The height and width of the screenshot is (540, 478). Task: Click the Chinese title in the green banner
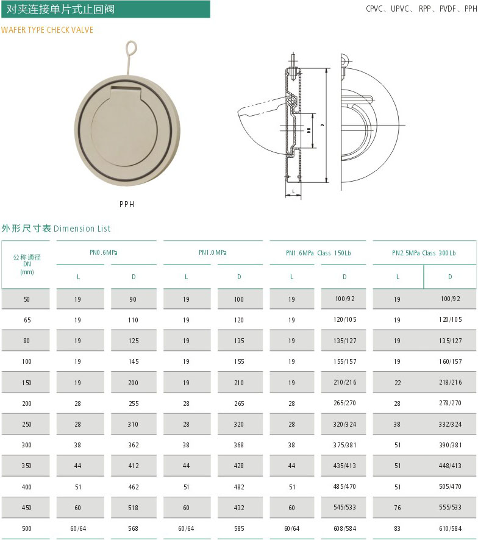60,9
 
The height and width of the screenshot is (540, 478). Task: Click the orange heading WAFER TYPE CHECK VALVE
47,30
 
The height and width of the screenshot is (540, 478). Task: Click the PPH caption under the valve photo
127,204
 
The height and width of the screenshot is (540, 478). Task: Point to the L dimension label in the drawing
293,191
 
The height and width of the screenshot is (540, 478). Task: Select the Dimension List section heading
56,229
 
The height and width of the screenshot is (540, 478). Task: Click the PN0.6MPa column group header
104,252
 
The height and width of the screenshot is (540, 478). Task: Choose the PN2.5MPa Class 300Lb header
424,253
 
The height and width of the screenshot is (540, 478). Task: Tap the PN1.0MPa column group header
213,252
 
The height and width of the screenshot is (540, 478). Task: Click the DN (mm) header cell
27,265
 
